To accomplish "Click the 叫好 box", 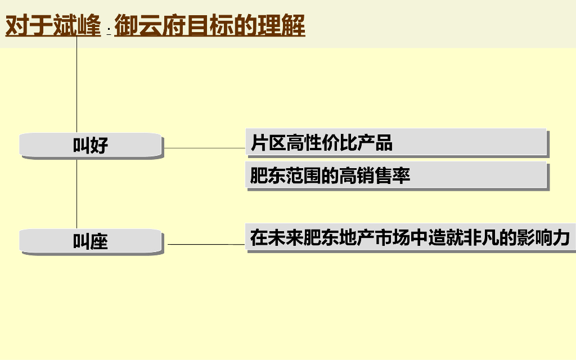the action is [x=91, y=145].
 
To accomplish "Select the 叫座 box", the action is [x=91, y=242].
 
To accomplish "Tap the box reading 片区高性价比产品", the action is [x=396, y=143].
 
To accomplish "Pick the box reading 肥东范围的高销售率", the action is [x=396, y=176].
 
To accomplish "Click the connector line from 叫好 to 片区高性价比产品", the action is [x=205, y=148].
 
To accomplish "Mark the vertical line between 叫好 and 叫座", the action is [x=76, y=194].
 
